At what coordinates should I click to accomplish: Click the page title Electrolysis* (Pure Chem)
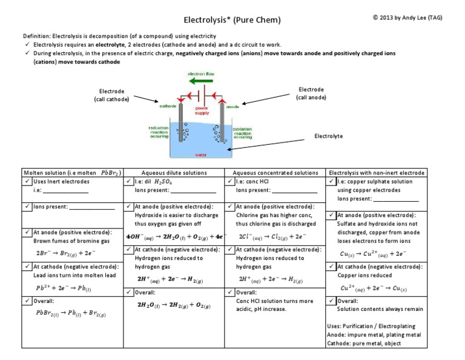pos(232,20)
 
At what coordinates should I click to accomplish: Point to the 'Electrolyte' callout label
pos(328,136)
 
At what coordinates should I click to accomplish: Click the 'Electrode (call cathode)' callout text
pos(111,95)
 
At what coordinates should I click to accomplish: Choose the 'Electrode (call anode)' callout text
pos(311,93)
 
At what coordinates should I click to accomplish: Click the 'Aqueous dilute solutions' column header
pos(173,172)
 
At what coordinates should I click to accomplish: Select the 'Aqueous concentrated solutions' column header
pos(275,172)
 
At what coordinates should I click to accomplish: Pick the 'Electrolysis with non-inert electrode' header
pos(376,172)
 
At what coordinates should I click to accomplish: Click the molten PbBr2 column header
pos(71,172)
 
